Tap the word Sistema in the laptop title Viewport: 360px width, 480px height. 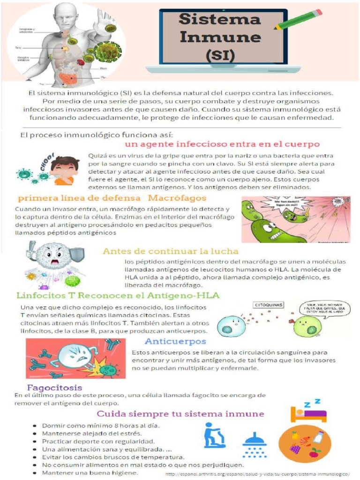[x=219, y=19]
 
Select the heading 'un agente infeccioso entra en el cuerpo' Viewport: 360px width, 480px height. [x=222, y=144]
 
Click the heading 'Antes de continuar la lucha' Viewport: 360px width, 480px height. [x=171, y=251]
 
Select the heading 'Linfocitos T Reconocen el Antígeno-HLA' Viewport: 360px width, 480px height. [x=118, y=295]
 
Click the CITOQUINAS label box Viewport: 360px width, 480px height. [x=269, y=305]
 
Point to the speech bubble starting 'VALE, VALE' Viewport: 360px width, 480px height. [x=325, y=309]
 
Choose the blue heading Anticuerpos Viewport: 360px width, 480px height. [x=175, y=341]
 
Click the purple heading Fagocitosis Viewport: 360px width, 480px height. [x=55, y=388]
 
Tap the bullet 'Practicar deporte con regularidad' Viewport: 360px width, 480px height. [x=98, y=442]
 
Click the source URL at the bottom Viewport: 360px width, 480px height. [x=258, y=474]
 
